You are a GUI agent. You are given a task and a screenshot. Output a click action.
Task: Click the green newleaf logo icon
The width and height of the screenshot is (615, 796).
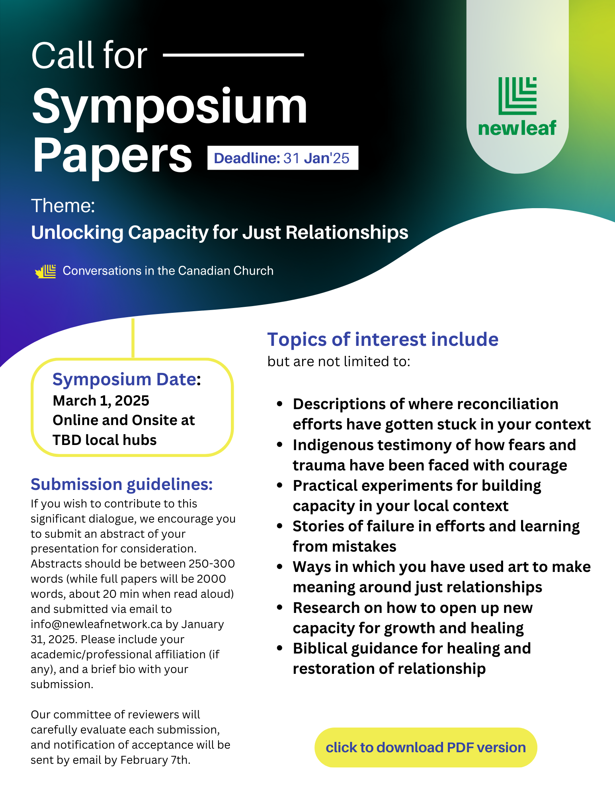click(x=517, y=96)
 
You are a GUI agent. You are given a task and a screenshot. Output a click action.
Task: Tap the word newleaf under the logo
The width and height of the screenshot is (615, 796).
click(x=517, y=128)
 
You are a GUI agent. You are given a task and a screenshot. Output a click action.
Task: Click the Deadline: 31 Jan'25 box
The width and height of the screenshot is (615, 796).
click(x=283, y=158)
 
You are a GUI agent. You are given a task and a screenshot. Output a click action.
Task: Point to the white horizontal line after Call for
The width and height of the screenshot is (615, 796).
click(x=234, y=55)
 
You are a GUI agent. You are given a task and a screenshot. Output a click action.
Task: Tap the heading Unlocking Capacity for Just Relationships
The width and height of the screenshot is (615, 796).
click(x=220, y=232)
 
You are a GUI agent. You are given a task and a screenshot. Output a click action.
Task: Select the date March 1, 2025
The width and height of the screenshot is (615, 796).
click(x=101, y=400)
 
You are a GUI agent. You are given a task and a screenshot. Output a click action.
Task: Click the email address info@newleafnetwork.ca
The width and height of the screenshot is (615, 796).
click(x=97, y=624)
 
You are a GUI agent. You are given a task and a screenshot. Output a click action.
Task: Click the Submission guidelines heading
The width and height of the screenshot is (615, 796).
click(x=122, y=484)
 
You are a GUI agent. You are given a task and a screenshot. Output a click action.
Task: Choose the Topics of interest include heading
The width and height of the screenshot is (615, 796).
click(x=383, y=339)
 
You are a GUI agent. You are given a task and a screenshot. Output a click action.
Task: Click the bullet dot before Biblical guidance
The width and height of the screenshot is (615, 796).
click(x=280, y=648)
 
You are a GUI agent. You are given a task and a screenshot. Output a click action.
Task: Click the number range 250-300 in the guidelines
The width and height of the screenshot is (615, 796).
click(x=212, y=564)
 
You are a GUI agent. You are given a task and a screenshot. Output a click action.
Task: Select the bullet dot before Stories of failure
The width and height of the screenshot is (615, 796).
click(x=280, y=526)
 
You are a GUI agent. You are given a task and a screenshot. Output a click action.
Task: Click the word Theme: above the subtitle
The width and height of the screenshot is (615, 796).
click(x=63, y=206)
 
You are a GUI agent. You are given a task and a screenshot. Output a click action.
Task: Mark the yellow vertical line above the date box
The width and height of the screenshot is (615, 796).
click(x=133, y=338)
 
